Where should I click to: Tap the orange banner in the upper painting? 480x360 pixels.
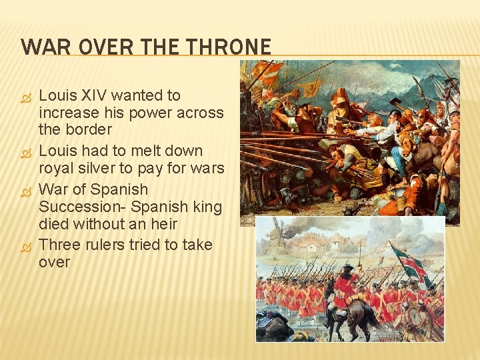(x=269, y=69)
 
